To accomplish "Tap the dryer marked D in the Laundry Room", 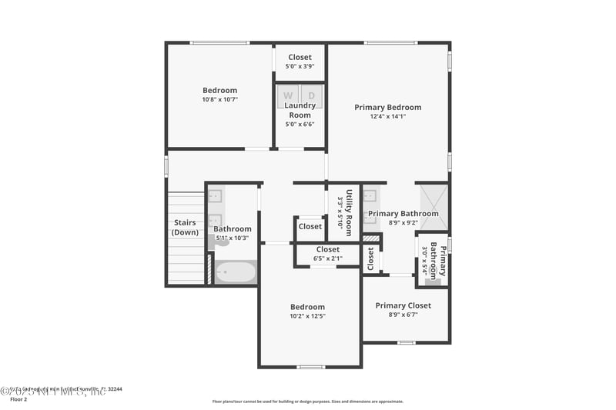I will [x=312, y=96].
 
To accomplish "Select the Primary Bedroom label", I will [x=387, y=108].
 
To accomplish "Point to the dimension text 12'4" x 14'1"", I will [x=387, y=117].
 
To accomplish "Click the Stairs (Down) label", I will [x=185, y=228].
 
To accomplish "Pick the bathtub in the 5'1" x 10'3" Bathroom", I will [x=235, y=273].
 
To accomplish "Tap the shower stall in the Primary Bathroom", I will [x=432, y=206].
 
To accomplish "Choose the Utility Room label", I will [x=349, y=212].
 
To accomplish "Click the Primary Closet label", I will [x=403, y=305].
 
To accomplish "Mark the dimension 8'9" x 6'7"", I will [x=403, y=315].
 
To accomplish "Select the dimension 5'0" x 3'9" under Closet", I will [x=300, y=66].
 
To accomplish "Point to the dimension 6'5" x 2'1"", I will [x=327, y=258].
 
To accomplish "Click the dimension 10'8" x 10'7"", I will [x=219, y=99].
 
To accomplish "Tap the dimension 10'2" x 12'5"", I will [x=307, y=316].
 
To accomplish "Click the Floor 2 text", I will [x=18, y=399].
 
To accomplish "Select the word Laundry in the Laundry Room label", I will [x=300, y=105].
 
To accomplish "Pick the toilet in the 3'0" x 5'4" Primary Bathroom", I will [x=432, y=281].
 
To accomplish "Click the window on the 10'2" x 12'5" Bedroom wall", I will [x=310, y=367].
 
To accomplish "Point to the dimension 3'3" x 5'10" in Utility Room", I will [x=340, y=212].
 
